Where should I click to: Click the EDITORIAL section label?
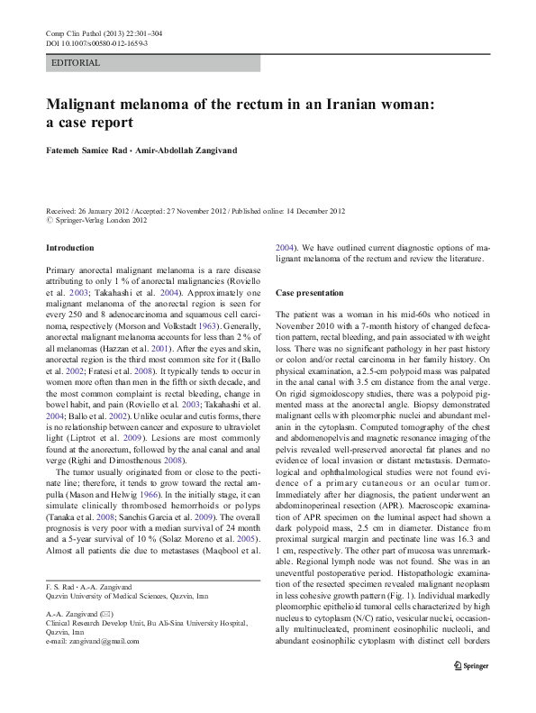[x=77, y=64]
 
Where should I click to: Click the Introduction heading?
[x=69, y=247]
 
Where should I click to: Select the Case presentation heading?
[x=309, y=294]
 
